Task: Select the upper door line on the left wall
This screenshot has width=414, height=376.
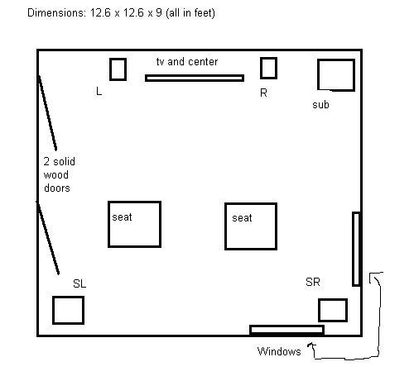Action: click(47, 112)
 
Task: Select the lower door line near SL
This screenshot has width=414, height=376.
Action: click(47, 237)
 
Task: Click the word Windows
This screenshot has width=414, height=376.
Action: click(279, 351)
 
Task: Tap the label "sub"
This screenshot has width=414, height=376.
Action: click(320, 105)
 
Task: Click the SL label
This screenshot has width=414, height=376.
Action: click(79, 283)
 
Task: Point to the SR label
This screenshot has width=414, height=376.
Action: click(313, 282)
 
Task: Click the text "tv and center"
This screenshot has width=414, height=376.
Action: click(187, 61)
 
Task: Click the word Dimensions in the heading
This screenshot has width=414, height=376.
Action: click(56, 12)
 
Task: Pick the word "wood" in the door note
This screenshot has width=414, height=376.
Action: click(56, 174)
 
